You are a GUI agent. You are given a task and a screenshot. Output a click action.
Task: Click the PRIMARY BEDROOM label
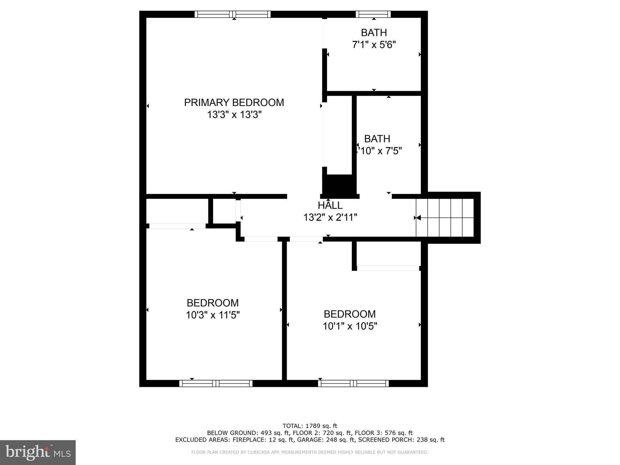pos(234,103)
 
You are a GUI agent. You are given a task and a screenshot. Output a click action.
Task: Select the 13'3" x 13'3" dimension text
pos(234,115)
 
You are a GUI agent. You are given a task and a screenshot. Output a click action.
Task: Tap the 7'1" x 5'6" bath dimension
pos(374,45)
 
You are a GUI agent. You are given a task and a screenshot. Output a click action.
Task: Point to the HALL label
pos(330,205)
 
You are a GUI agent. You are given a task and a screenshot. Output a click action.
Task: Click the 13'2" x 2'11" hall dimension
pos(330,217)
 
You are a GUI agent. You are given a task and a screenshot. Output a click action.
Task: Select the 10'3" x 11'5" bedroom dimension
pos(213,315)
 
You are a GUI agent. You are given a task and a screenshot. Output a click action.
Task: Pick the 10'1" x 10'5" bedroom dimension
pos(350,326)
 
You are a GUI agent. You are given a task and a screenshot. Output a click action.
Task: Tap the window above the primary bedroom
pos(232,14)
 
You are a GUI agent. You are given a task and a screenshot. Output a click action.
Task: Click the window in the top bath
pos(373,14)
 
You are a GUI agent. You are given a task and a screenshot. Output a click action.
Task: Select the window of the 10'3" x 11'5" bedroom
pos(216,384)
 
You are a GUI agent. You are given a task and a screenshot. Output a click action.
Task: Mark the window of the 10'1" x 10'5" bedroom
pos(353,384)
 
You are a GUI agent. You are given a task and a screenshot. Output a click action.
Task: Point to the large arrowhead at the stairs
pos(418,218)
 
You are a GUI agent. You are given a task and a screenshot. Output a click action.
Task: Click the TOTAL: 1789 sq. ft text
pos(310,426)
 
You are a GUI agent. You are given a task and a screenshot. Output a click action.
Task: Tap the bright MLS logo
pos(38,452)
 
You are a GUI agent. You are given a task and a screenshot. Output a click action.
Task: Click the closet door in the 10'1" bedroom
pos(388,268)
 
